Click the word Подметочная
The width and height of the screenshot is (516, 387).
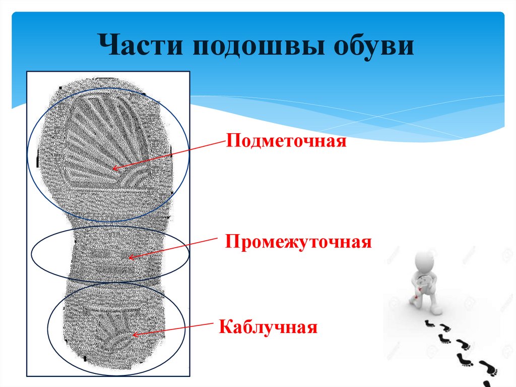(x=286, y=140)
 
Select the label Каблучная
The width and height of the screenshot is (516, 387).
(x=268, y=328)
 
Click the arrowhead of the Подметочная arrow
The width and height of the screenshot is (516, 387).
(x=114, y=169)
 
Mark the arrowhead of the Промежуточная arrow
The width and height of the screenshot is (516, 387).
(x=130, y=258)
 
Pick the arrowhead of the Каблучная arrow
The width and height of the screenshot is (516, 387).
(x=134, y=335)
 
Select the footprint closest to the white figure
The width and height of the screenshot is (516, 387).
(x=429, y=323)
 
